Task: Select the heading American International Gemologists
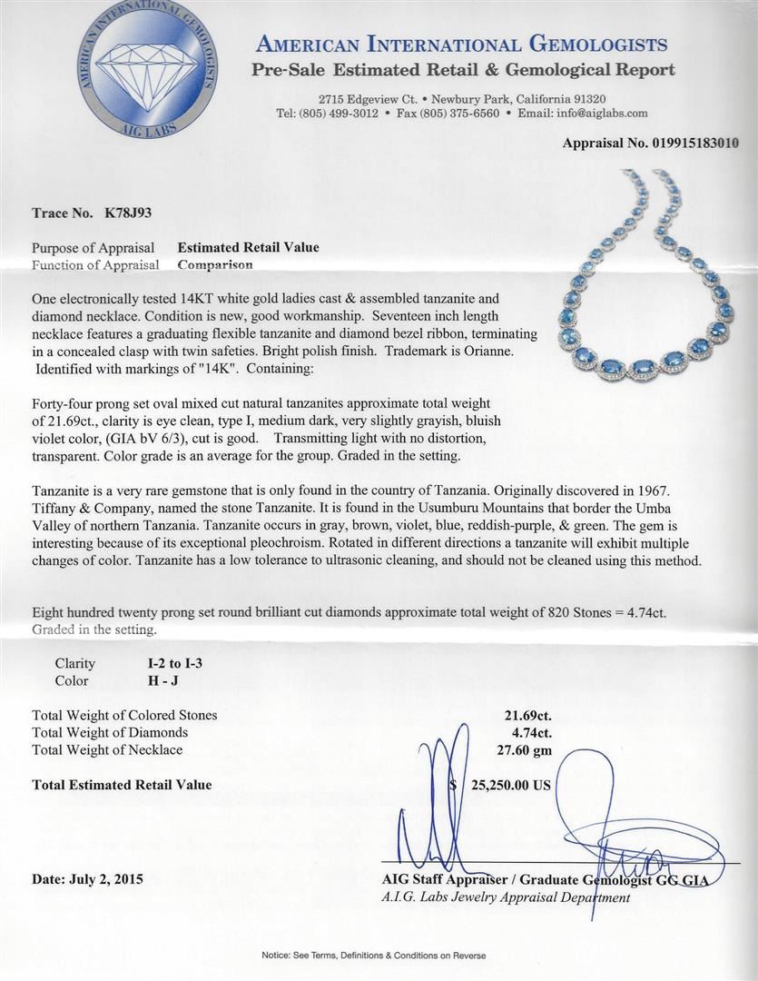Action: tap(462, 45)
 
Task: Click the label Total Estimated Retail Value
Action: tap(122, 785)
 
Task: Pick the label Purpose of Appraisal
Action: tap(93, 247)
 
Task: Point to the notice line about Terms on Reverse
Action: tap(373, 955)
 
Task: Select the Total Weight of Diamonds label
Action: tap(110, 732)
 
